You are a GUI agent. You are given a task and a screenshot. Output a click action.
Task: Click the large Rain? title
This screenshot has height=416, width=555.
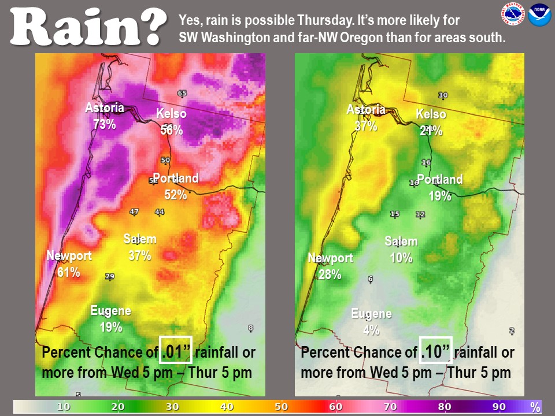point(86,26)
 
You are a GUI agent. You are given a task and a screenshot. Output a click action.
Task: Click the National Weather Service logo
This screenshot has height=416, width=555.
point(513,14)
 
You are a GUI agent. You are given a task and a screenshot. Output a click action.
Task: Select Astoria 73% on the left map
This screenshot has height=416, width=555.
point(105,116)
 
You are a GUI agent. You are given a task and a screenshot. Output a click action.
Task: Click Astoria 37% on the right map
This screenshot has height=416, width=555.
point(365,118)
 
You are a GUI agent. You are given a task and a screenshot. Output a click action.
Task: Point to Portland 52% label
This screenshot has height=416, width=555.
point(175,187)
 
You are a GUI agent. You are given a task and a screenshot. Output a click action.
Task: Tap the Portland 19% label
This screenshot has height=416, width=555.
point(440,188)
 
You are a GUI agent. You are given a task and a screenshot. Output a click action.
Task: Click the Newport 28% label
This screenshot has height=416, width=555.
point(330,266)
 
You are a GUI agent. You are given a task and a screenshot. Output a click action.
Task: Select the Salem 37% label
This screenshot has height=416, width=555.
point(140,247)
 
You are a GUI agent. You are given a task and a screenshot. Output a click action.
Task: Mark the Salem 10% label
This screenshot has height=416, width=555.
point(401,250)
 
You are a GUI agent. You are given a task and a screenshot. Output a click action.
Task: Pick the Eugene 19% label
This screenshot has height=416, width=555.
point(110,319)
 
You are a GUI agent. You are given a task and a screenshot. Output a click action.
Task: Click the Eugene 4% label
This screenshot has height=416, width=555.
point(371,322)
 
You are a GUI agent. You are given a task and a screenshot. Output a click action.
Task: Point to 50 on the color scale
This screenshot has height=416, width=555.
point(281,407)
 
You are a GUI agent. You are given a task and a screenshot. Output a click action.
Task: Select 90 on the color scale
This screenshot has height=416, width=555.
point(499,407)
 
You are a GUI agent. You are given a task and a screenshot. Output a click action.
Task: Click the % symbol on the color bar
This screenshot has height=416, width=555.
point(535,407)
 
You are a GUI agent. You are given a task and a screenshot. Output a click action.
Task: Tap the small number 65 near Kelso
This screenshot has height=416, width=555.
point(182,94)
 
